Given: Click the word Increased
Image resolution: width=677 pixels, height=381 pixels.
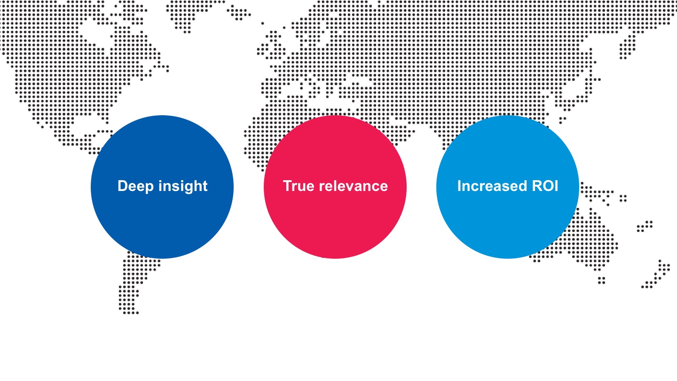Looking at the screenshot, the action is (491, 186).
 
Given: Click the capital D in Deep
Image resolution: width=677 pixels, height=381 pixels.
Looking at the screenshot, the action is (122, 186).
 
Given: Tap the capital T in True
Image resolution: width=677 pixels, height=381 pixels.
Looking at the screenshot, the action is (288, 186).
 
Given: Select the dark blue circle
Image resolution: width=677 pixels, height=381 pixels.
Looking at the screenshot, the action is (162, 187).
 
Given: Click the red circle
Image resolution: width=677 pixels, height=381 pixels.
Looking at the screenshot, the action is (335, 187).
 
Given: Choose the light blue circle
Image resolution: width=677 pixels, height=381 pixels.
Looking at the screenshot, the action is (508, 187).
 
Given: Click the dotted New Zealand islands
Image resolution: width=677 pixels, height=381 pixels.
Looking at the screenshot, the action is (656, 274).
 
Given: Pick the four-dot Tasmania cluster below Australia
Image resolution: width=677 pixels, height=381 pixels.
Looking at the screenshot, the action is (601, 280).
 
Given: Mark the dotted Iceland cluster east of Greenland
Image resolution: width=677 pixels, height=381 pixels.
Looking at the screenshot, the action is (239, 12).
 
